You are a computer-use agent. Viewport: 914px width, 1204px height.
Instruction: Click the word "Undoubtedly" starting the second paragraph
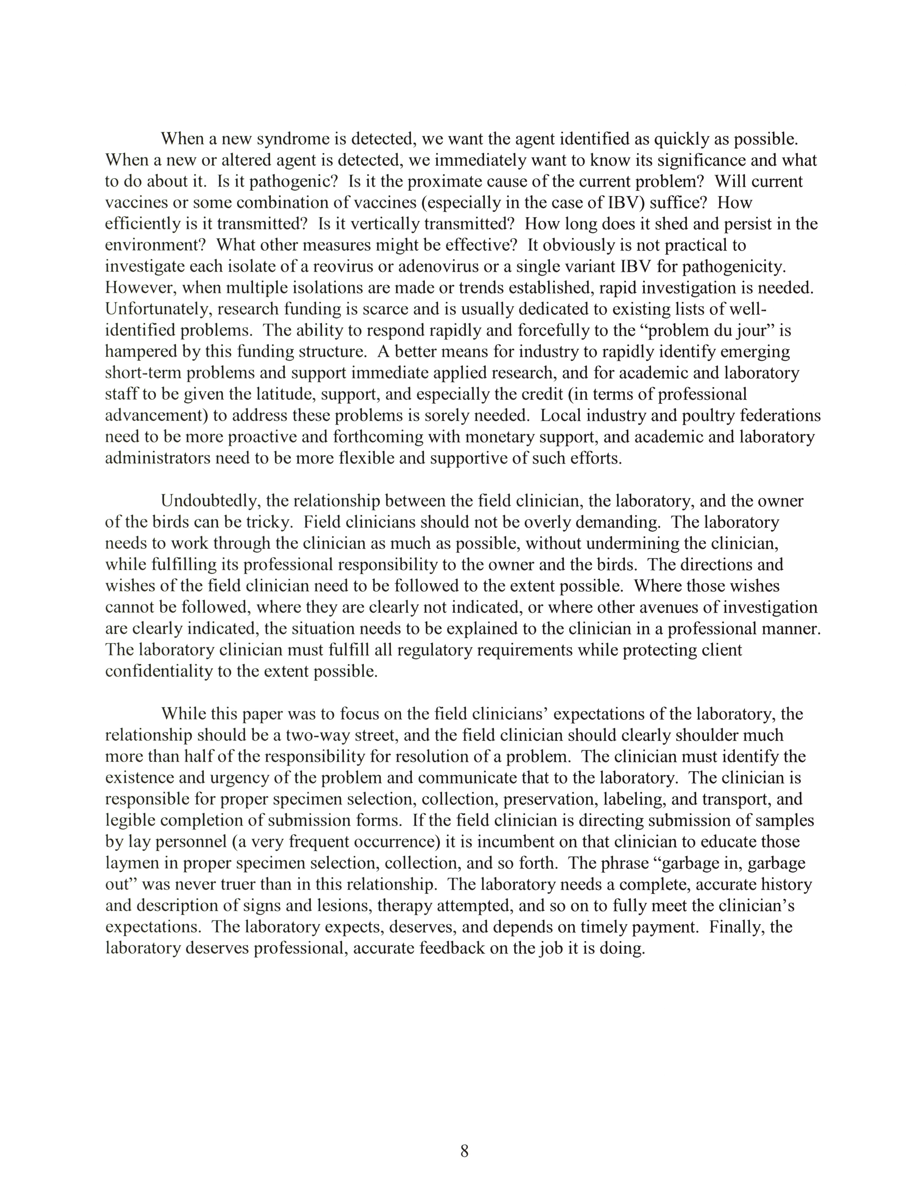tap(210, 501)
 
